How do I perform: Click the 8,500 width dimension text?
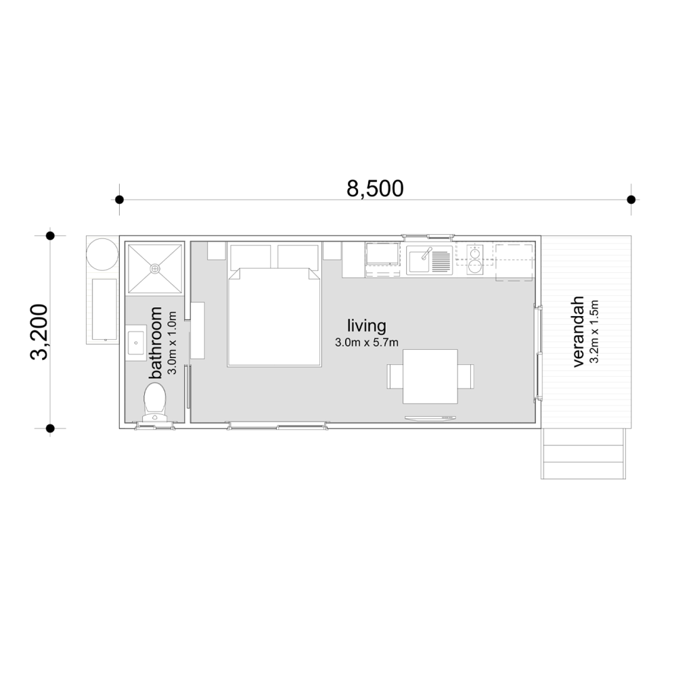[x=375, y=188]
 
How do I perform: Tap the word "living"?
[x=366, y=325]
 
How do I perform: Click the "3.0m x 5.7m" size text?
[x=366, y=342]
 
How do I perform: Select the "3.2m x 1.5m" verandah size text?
[x=595, y=332]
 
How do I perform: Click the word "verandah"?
[x=578, y=332]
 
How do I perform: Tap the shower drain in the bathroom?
[x=155, y=269]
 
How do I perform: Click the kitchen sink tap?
[x=426, y=254]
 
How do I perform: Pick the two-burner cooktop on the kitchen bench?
[x=475, y=259]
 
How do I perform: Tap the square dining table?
[x=430, y=376]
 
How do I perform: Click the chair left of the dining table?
[x=395, y=376]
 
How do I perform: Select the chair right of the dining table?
[x=466, y=376]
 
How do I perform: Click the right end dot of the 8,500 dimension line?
[x=631, y=200]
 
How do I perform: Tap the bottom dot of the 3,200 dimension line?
[x=50, y=428]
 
